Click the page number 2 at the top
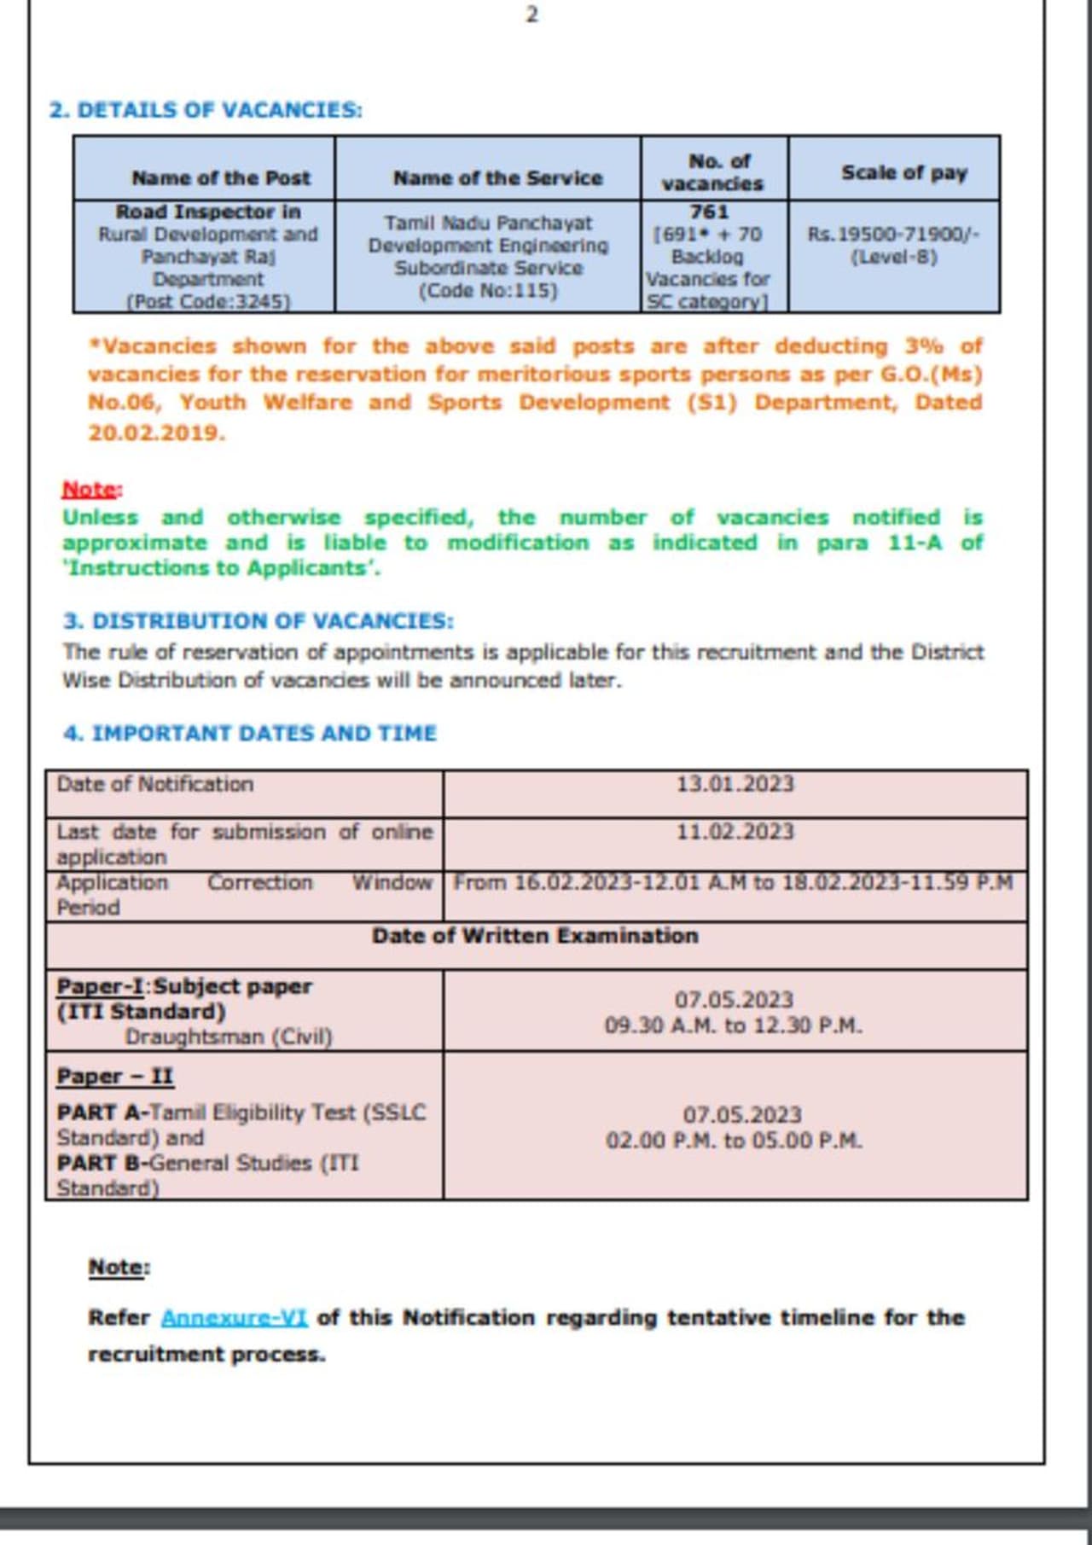coord(531,15)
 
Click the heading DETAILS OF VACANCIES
coord(206,110)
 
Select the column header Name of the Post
coord(221,177)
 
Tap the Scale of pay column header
coord(903,172)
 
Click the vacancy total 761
coord(709,212)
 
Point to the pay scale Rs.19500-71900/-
coord(893,234)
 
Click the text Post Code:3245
coord(208,301)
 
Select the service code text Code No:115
coord(487,290)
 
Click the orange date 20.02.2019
coord(156,433)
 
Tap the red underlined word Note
coord(90,489)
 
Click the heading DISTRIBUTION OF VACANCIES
coord(258,620)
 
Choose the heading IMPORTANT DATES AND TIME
coord(250,733)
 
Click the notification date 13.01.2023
coord(735,783)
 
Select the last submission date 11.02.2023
coord(735,831)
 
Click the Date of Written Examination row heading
coord(535,936)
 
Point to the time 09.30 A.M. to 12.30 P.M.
coord(733,1025)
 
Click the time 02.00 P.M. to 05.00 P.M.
coord(734,1140)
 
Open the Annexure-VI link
coord(234,1317)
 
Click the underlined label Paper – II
coord(115,1076)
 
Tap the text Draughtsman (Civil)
coord(229,1037)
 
